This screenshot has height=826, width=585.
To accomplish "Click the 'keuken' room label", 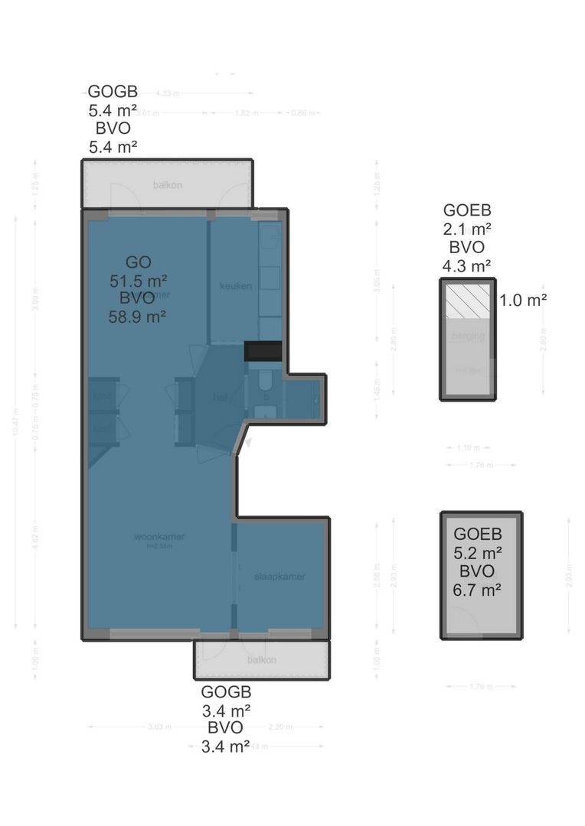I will click(236, 286).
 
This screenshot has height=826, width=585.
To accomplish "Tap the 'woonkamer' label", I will click(159, 536).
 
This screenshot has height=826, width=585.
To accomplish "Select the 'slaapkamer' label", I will click(279, 577).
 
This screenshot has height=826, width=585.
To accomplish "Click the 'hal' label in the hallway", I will click(219, 397).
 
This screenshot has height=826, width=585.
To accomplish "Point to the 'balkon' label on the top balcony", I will click(166, 184).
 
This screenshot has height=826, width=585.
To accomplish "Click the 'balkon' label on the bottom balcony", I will click(261, 659).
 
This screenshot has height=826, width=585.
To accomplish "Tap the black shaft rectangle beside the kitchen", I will click(263, 351).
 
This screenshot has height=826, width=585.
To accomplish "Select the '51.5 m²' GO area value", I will click(138, 279).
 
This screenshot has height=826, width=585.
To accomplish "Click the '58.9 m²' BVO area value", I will click(138, 316).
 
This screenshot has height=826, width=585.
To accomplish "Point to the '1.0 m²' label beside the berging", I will click(522, 300).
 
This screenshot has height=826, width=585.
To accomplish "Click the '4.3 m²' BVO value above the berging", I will click(467, 265).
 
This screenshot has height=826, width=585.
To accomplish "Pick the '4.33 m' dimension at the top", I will click(167, 93).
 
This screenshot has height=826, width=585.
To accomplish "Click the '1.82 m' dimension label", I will click(246, 113).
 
